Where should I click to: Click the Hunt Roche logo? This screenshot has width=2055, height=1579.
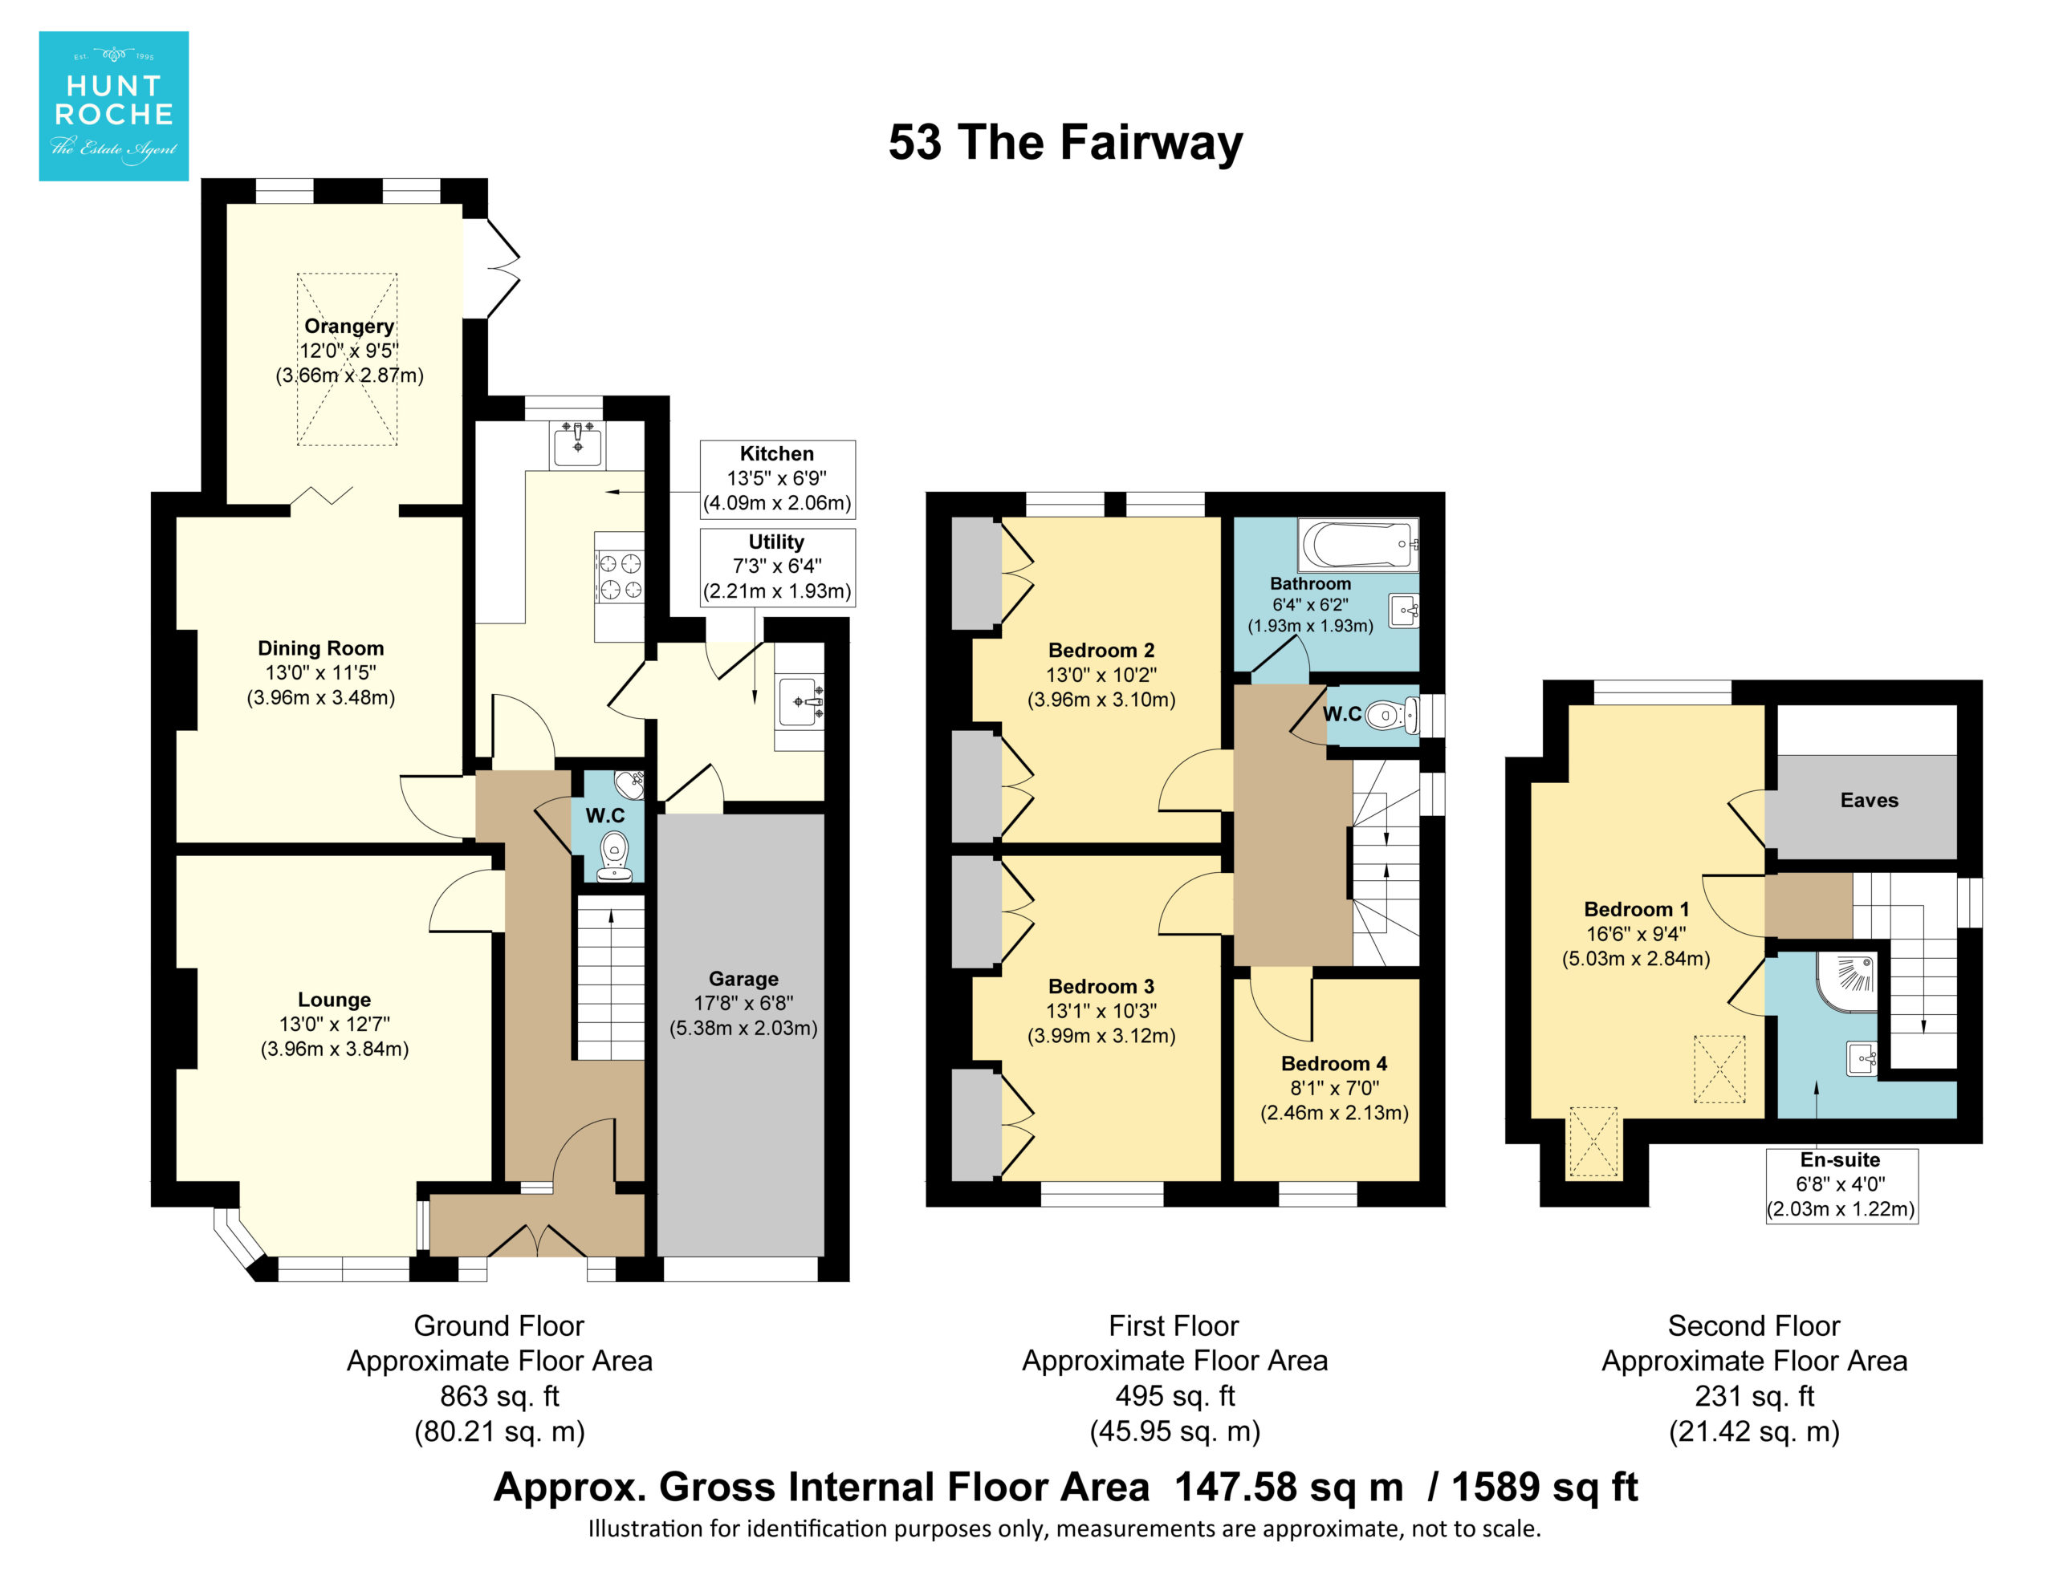113,105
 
